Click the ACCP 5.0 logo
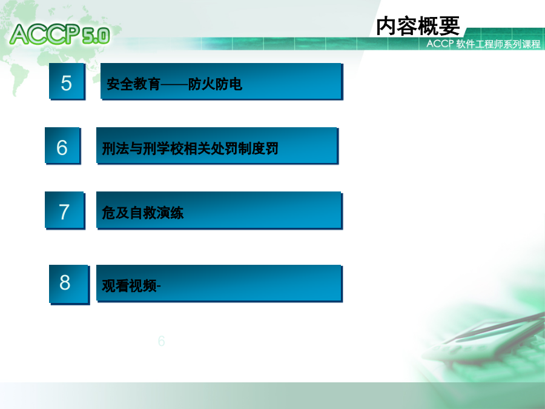coord(60,34)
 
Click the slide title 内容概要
coord(418,25)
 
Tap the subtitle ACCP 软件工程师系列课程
coord(483,44)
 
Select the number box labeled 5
coord(67,81)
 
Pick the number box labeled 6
coord(62,145)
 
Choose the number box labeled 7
coord(65,210)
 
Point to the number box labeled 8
coord(69,284)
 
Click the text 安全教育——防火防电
coord(174,84)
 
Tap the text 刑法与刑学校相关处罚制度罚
coord(190,148)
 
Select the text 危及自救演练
coord(142,213)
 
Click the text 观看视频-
coord(131,286)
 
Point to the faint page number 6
coord(161,341)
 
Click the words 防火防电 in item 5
coord(215,84)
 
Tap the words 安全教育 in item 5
coord(133,84)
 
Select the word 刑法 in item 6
coord(116,148)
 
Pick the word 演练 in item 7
coord(170,213)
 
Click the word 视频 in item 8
coord(142,286)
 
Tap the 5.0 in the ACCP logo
coord(96,36)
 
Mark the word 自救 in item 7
coord(142,213)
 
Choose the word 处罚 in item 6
coord(224,148)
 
